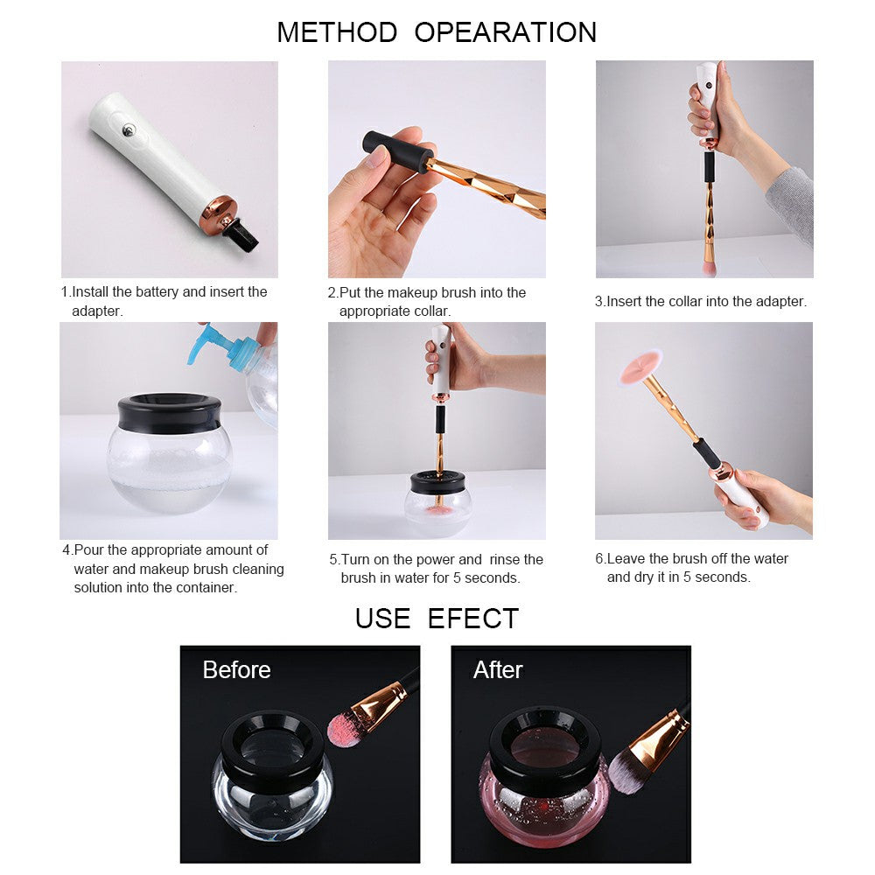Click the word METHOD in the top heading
coord(337,32)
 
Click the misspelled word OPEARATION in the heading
coord(506,32)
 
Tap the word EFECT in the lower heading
coord(473,619)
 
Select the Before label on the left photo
coord(236,670)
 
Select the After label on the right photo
coord(498,670)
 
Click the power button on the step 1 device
coord(129,131)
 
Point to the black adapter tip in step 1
coord(241,234)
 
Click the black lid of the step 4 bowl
coord(169,412)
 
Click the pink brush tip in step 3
coord(708,262)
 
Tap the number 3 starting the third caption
coord(599,302)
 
